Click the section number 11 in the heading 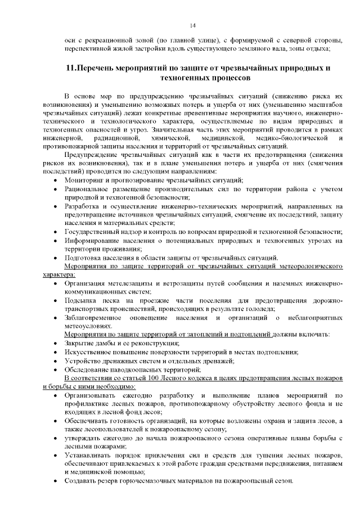(x=70, y=69)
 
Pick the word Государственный (x=95, y=231)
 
